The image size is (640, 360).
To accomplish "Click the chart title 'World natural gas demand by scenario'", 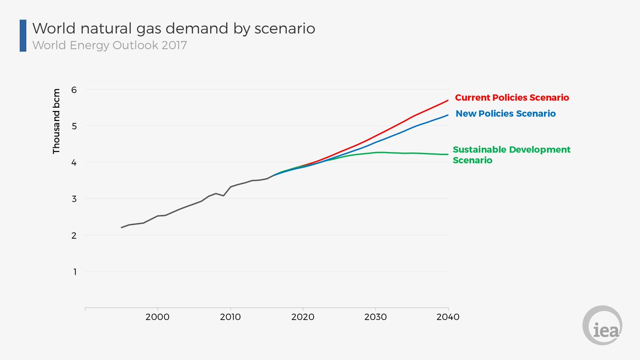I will [174, 28].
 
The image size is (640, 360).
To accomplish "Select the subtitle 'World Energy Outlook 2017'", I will [110, 45].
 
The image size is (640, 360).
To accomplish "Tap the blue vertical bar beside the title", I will [23, 36].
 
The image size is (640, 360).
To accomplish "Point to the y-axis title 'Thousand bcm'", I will [57, 122].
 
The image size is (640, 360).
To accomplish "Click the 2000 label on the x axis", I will [157, 317].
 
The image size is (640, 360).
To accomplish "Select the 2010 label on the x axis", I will [230, 317].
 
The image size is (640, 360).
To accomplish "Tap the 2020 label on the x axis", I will [303, 317].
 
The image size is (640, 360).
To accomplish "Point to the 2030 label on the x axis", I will [375, 317].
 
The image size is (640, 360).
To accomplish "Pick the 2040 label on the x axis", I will [448, 317].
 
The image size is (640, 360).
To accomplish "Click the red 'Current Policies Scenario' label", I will [511, 98].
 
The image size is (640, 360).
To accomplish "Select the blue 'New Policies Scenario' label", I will [506, 114].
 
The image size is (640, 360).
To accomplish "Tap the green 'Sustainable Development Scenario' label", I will [511, 155].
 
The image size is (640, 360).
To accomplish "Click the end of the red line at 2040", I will [448, 100].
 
